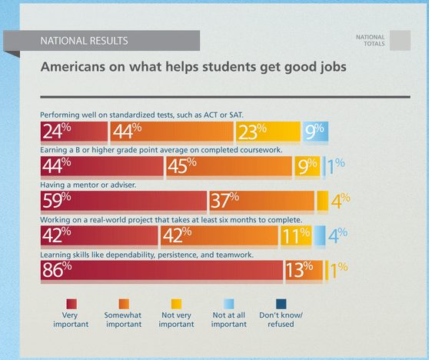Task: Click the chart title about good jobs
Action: point(193,68)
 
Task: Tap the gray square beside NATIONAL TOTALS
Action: point(400,40)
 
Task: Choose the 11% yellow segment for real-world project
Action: point(296,235)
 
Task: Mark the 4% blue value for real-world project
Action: point(336,235)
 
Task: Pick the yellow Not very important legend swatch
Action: point(176,302)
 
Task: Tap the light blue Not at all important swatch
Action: point(228,302)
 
